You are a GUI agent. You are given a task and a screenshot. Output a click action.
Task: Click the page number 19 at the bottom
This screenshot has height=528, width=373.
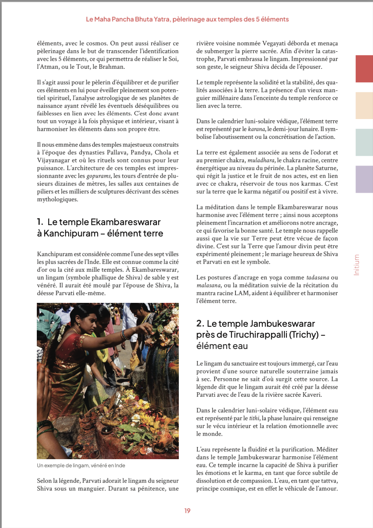pyautogui.click(x=187, y=511)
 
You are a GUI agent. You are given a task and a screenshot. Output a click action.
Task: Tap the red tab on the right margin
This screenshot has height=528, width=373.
pyautogui.click(x=364, y=68)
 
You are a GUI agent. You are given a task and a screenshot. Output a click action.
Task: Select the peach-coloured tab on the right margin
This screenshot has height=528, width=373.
pyautogui.click(x=364, y=105)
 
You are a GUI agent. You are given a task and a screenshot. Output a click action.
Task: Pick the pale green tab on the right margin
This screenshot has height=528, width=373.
pyautogui.click(x=364, y=142)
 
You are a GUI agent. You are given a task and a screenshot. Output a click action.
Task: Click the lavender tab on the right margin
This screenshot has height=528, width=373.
pyautogui.click(x=364, y=179)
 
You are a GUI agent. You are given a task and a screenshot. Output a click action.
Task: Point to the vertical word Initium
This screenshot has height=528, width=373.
pyautogui.click(x=356, y=265)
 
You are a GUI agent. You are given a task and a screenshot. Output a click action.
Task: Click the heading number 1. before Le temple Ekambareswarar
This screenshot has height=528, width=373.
pyautogui.click(x=40, y=222)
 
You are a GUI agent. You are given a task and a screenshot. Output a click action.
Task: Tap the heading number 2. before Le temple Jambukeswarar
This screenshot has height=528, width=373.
pyautogui.click(x=200, y=324)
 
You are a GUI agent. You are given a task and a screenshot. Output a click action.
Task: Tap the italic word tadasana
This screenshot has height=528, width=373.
pyautogui.click(x=318, y=277)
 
